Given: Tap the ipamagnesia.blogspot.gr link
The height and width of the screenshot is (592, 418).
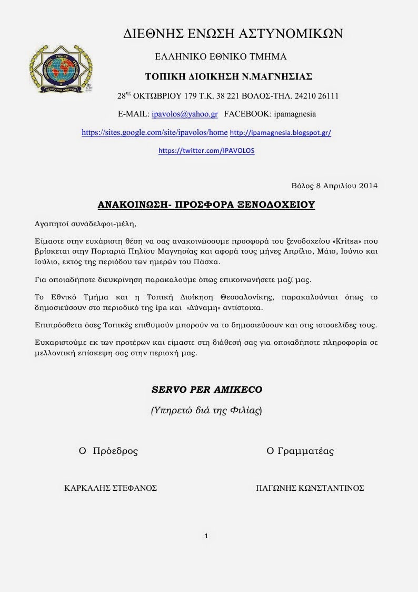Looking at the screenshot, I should tap(281, 133).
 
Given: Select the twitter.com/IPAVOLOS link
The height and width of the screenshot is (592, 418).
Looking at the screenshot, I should tap(206, 150).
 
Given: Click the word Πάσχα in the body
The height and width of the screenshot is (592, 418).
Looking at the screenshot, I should tap(228, 260).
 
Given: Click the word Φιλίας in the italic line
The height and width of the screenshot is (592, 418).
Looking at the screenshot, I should tap(245, 411).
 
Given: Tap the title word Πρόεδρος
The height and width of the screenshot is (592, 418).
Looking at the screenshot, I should tap(115, 451).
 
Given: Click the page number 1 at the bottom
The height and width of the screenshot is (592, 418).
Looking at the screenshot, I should tap(206, 536).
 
